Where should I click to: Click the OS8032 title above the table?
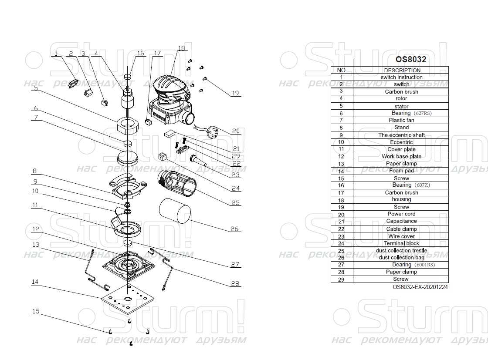pos(410,59)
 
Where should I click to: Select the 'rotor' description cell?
pos(401,99)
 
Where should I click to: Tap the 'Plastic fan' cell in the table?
pos(401,120)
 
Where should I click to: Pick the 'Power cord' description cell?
pos(401,214)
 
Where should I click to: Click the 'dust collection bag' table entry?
pos(401,258)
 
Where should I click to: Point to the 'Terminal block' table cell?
pos(401,243)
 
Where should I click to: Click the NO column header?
pos(341,70)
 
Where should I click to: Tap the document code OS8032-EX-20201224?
pos(420,287)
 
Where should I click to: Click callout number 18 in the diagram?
pos(181,48)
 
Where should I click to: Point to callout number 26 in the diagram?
pos(234,229)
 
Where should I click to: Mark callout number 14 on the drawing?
pos(35,282)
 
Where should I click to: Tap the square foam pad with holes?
pos(128,300)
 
